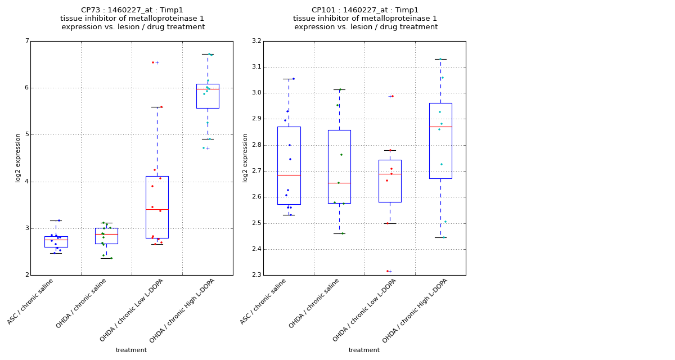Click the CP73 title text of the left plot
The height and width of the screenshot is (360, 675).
coord(132,10)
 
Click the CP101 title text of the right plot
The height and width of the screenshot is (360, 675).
coord(365,10)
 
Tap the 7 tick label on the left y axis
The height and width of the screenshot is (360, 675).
coord(26,41)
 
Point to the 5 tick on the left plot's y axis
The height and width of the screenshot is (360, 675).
coord(26,135)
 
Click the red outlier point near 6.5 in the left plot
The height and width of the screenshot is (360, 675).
coord(153,62)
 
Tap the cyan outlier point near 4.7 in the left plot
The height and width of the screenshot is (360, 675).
coord(204,148)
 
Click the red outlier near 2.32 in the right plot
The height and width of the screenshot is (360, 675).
coord(388,271)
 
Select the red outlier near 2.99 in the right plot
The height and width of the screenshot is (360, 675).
coord(392,96)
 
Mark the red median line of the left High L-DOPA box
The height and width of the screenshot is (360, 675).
coord(208,89)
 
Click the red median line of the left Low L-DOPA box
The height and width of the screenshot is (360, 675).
coord(157,209)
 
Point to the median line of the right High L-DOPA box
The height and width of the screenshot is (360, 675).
coord(440,127)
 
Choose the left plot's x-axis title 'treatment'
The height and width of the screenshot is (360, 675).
coord(131,350)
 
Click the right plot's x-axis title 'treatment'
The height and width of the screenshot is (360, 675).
coord(364,350)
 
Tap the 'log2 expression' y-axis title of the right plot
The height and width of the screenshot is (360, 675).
coord(245,158)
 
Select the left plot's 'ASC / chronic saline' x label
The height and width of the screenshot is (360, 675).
coord(31,301)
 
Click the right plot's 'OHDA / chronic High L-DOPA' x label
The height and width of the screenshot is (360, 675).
coord(415,310)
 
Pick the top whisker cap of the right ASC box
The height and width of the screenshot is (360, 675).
coord(289,79)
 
